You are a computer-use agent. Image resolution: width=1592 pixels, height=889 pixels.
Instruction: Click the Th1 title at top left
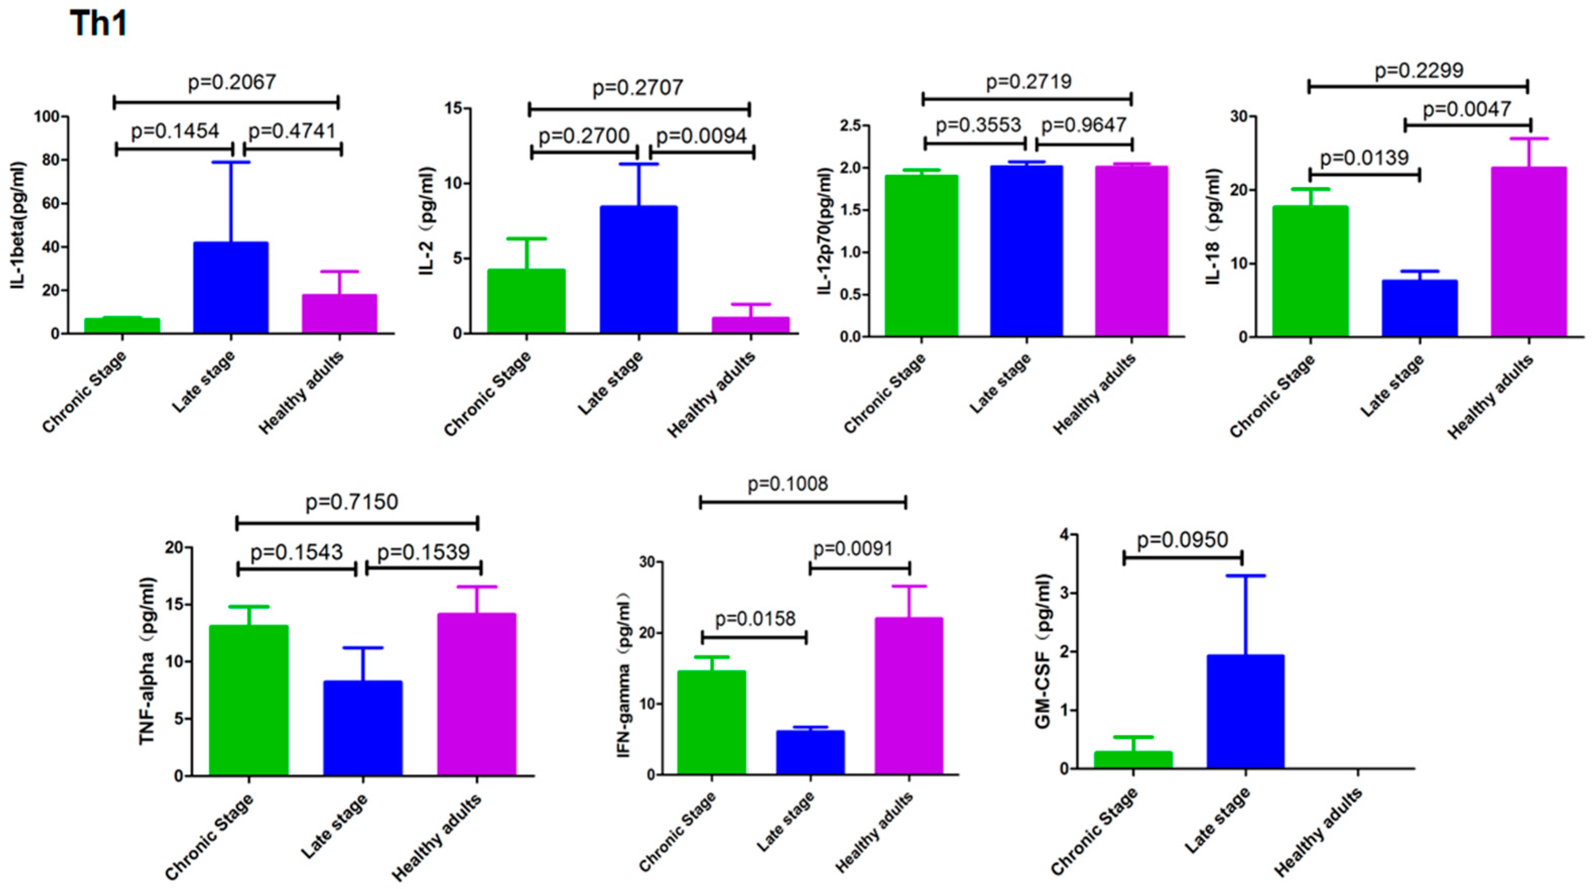[99, 24]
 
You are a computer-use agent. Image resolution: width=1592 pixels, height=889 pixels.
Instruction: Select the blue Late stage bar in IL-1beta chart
[231, 288]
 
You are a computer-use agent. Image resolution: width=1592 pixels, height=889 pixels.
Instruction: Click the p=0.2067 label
[232, 82]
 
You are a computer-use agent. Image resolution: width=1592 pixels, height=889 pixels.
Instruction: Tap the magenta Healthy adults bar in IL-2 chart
[750, 325]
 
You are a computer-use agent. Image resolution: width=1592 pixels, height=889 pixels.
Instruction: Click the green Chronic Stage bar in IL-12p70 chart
[921, 256]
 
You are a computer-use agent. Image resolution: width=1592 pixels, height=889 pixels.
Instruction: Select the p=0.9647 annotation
[1084, 125]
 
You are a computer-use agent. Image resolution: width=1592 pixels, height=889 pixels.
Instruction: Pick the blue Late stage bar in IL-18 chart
[1420, 308]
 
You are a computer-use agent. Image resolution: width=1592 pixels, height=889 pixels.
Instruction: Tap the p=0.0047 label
[1467, 110]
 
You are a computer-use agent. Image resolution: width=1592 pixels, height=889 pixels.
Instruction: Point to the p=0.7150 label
[352, 502]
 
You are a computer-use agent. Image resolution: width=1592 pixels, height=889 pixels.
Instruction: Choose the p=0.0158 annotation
[755, 619]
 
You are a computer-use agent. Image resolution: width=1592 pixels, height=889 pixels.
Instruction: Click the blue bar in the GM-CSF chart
[1245, 712]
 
